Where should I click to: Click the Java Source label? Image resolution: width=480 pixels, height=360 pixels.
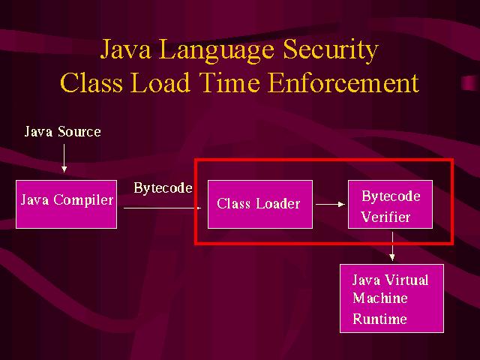point(62,132)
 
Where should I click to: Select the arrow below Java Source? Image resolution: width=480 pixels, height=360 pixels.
point(64,158)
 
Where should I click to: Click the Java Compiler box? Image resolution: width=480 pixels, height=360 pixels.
point(66,204)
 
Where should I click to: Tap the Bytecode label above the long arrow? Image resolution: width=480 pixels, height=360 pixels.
point(163,188)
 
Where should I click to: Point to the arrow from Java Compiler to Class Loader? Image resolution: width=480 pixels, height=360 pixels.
point(162,208)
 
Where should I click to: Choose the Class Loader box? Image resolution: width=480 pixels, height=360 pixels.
point(260,204)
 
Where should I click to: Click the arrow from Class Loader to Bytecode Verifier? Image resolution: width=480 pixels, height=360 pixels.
point(330,204)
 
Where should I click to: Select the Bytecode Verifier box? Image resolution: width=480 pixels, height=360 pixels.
point(390,204)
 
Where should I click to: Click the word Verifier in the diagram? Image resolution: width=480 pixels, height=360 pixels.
point(385,217)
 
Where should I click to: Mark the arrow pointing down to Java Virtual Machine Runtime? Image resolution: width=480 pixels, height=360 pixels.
point(392,247)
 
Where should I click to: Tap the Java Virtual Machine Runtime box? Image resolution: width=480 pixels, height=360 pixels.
point(391,298)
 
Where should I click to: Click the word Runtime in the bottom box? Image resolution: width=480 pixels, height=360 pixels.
point(379,319)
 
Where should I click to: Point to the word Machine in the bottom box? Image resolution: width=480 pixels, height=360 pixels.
point(380,298)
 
